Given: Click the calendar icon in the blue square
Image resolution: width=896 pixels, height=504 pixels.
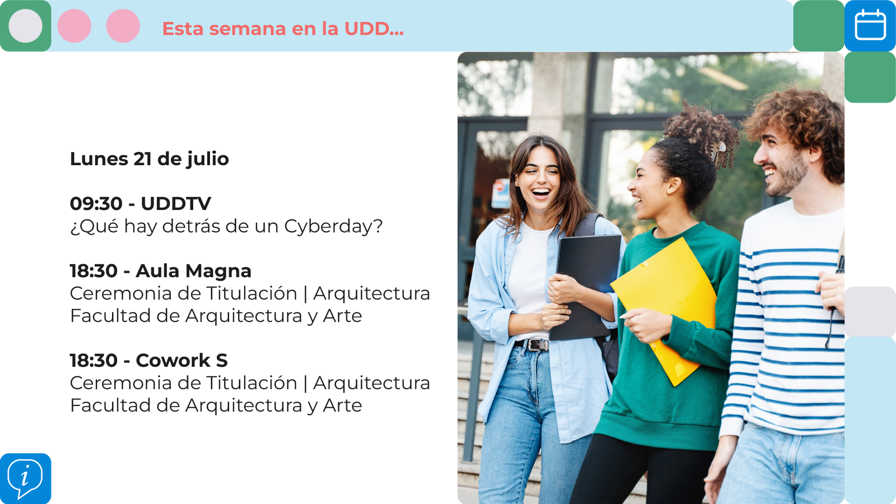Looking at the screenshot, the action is click(870, 25).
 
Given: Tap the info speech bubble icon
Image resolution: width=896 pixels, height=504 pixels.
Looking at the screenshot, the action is click(25, 479).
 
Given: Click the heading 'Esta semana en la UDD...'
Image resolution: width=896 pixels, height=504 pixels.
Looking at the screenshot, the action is click(283, 29).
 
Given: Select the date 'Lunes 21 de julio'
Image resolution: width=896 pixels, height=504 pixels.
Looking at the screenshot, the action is click(149, 159).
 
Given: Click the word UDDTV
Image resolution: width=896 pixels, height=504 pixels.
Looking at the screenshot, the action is click(176, 204).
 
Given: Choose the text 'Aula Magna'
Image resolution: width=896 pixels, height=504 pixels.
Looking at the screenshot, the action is click(194, 272).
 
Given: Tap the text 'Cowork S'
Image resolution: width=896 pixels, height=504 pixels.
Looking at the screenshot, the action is click(181, 361).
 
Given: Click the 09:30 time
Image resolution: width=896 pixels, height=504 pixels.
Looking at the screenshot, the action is click(96, 204).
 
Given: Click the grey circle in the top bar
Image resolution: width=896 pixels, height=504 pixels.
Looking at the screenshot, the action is click(26, 26).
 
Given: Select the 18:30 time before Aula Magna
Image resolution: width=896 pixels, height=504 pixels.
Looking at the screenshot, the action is click(94, 271).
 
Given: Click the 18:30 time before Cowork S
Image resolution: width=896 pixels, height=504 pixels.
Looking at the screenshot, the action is click(94, 361).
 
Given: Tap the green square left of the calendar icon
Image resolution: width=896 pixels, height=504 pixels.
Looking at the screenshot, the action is click(818, 26).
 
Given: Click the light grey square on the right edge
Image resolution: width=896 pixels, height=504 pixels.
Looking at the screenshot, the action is click(870, 311).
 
